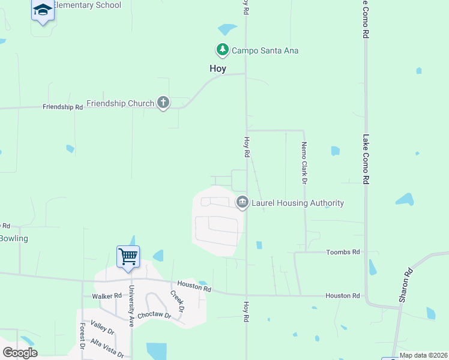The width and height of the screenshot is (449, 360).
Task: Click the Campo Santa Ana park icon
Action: (x=223, y=50)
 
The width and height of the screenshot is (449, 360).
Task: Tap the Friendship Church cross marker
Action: (x=163, y=103)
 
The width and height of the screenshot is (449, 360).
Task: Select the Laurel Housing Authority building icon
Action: (x=243, y=202)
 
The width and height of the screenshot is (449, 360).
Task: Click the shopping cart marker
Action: (x=128, y=257)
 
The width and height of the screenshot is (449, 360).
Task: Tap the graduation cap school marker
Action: (x=43, y=10)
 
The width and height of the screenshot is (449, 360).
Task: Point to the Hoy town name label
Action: (x=218, y=68)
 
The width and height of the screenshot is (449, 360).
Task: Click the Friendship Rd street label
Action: (x=62, y=107)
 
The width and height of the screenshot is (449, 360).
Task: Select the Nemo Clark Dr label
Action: (x=304, y=163)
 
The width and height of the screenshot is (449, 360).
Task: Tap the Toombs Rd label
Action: (x=343, y=253)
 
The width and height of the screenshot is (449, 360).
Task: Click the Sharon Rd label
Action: (x=408, y=284)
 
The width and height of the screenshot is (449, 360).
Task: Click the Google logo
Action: (x=20, y=353)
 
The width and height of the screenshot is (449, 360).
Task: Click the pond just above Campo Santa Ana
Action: (x=227, y=29)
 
